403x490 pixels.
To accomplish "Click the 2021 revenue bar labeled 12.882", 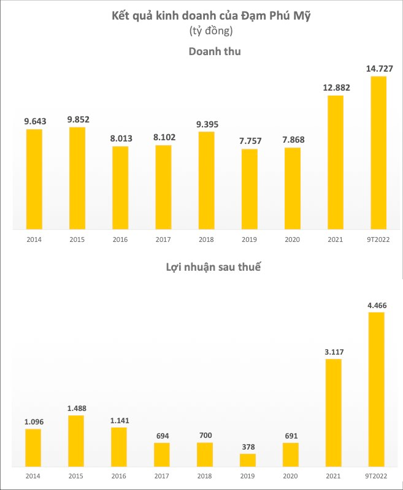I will pos(335,162).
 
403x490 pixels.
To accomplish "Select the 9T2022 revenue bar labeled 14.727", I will pos(378,153).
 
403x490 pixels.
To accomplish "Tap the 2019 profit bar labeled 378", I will pos(248,460).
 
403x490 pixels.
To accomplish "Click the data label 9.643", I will pos(35,121).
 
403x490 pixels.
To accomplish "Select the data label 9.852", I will pos(77,119).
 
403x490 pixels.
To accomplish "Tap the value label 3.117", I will pos(333,351).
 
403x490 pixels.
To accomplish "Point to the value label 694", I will pos(162,435).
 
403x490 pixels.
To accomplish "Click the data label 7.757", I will pos(249,141).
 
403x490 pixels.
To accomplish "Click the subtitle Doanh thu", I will pos(214,52).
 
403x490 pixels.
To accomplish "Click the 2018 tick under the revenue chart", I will pos(206,239).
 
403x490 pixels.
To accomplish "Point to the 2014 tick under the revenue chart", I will pos(34,239).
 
